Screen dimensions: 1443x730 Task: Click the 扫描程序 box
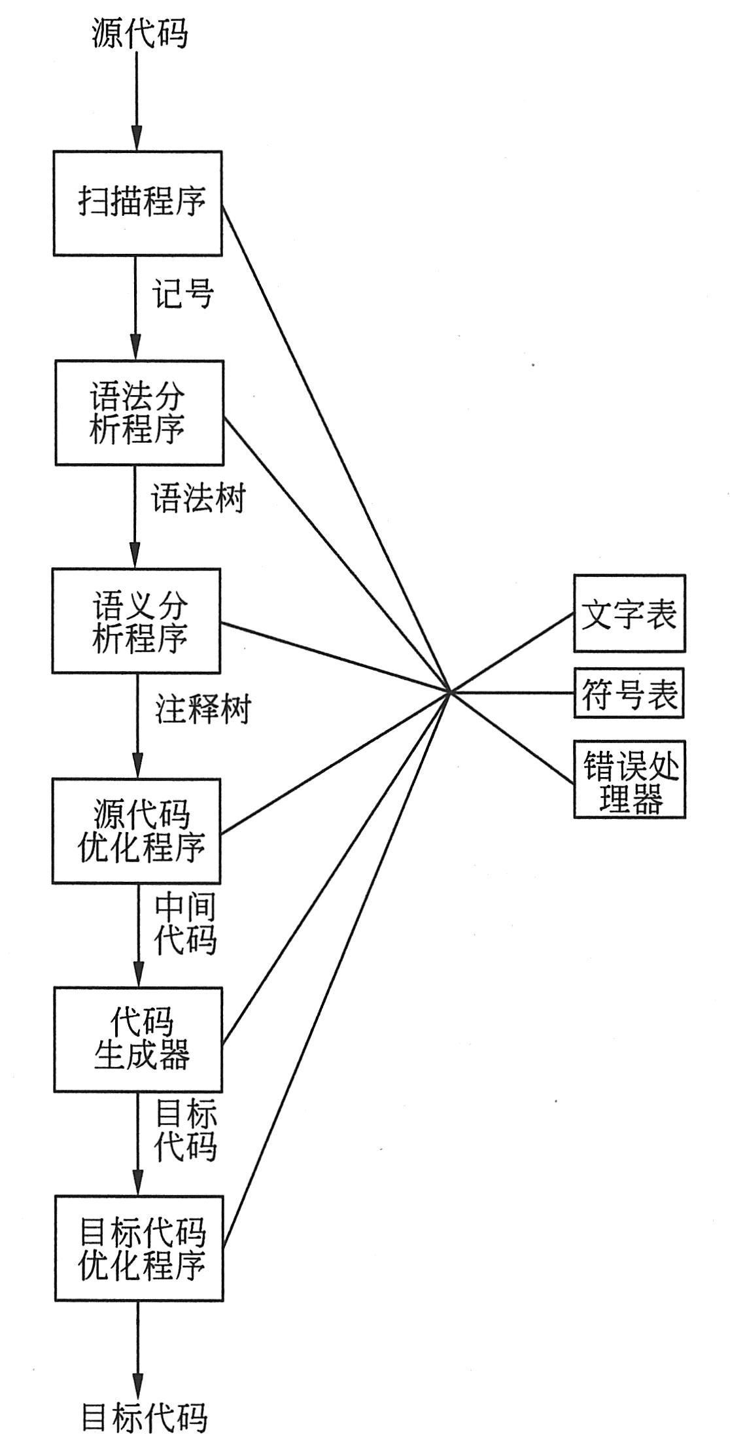point(137,203)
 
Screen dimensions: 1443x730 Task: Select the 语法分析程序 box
point(138,412)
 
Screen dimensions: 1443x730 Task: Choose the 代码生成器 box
point(138,1039)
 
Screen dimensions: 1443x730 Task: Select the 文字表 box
point(629,614)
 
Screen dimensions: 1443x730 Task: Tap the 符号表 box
point(629,693)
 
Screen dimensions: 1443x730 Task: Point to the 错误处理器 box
point(629,779)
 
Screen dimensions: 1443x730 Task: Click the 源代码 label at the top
point(139,33)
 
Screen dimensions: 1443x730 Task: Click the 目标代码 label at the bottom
point(144,1417)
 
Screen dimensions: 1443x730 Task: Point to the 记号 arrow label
point(184,294)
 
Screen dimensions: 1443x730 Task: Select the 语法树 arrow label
point(198,500)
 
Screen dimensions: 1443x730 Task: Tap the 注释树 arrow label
point(203,710)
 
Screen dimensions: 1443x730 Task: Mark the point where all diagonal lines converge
point(449,691)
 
